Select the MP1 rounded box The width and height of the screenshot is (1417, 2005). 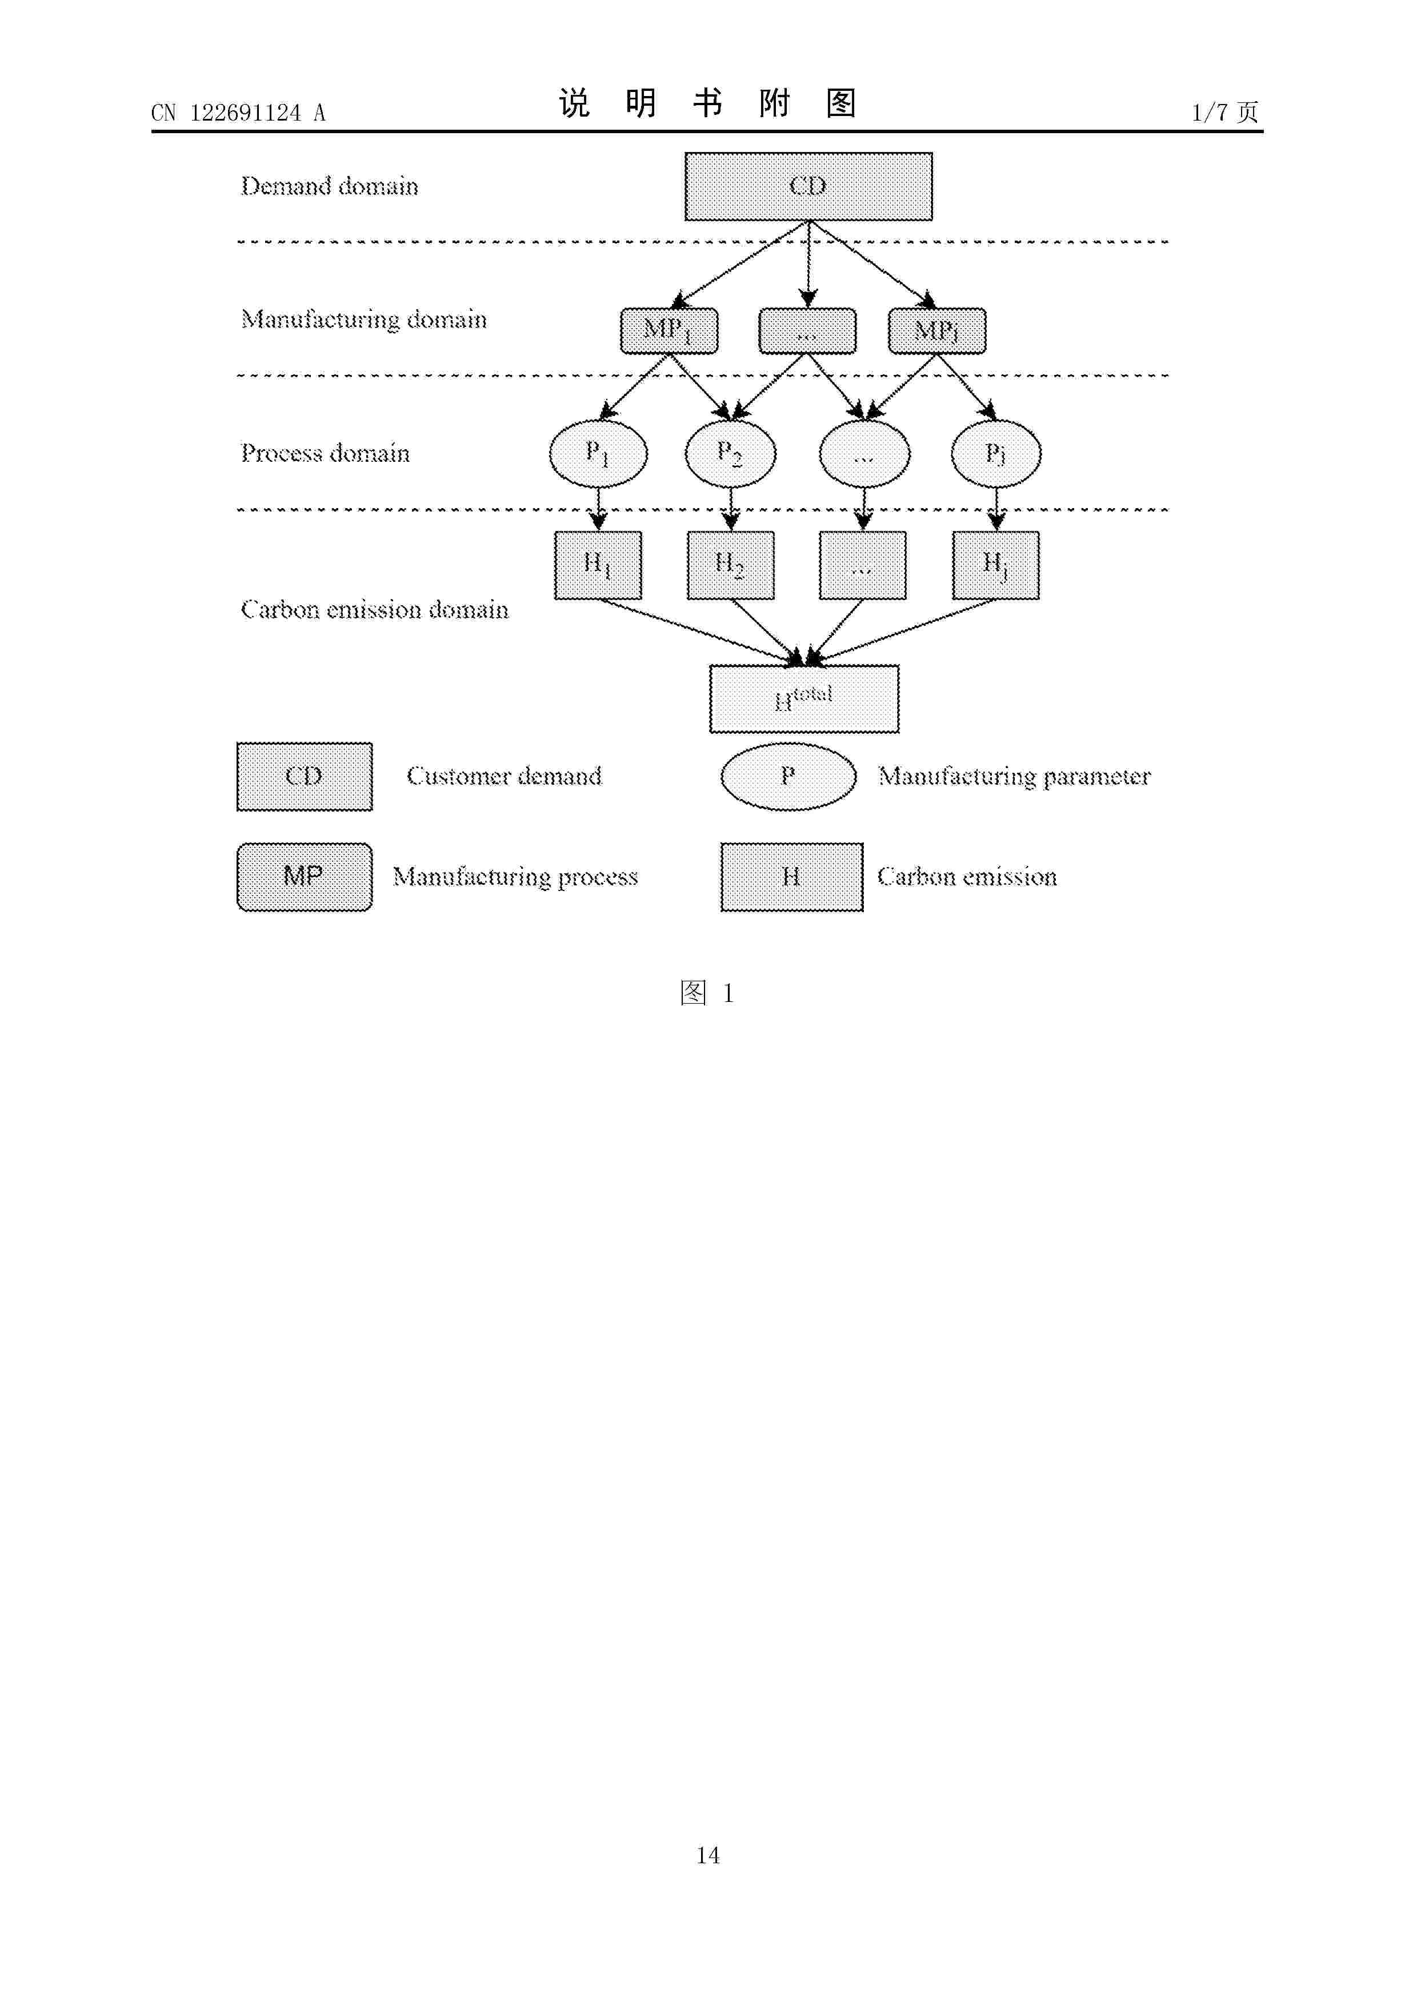[x=669, y=331]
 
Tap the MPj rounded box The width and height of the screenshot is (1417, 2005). [x=937, y=331]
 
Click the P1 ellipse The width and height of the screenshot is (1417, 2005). [x=598, y=454]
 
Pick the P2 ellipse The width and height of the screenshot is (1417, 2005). [x=731, y=454]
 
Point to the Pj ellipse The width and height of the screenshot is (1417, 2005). [x=996, y=454]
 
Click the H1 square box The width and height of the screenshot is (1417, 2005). [x=598, y=566]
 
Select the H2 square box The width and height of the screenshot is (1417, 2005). [x=731, y=566]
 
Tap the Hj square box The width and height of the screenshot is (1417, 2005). [x=996, y=566]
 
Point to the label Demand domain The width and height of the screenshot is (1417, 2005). [x=329, y=186]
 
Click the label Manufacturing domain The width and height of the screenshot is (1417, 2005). [x=363, y=319]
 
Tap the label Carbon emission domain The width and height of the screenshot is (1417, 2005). [x=375, y=609]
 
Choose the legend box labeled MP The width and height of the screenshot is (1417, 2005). [x=305, y=877]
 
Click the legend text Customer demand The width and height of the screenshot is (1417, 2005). [x=504, y=776]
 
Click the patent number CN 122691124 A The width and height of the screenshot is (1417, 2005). [x=238, y=113]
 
